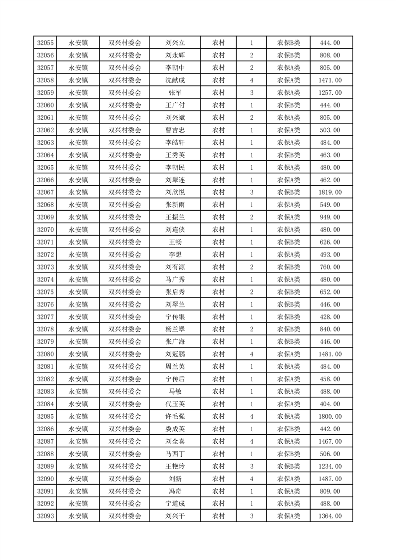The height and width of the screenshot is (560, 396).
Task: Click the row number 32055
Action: [x=46, y=43]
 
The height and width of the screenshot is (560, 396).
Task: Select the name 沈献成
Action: [x=175, y=80]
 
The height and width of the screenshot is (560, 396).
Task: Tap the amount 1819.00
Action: [x=330, y=192]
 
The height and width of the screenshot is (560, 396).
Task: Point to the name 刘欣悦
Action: [x=175, y=192]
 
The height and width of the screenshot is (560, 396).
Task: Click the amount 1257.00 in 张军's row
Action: [x=330, y=93]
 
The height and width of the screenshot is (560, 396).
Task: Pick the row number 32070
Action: [x=46, y=230]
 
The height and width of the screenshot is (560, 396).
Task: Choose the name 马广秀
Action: [x=175, y=280]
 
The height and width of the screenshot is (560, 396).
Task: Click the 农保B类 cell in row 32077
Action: [x=289, y=317]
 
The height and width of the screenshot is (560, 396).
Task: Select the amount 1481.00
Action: [x=330, y=354]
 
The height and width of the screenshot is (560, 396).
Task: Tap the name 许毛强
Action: [x=175, y=416]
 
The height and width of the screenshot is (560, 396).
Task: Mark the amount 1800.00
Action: [x=330, y=416]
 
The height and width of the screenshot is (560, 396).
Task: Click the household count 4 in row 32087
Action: [x=251, y=441]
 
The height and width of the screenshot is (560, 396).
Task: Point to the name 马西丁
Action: [x=175, y=454]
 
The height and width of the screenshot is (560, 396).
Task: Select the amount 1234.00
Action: [x=330, y=466]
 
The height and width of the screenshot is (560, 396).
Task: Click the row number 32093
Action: [x=46, y=516]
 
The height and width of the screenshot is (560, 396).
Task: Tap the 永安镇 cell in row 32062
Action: [x=78, y=130]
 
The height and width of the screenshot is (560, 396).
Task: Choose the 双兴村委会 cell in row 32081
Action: [x=125, y=367]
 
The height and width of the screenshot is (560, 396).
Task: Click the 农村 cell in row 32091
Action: [x=218, y=491]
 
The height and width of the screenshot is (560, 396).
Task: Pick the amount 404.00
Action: [x=330, y=404]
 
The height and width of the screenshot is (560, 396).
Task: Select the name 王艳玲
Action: [x=175, y=466]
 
